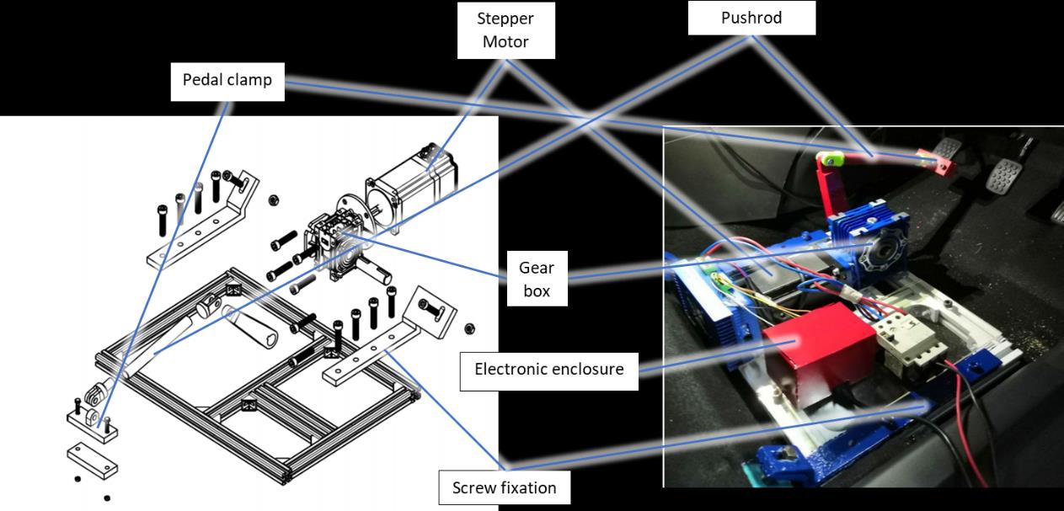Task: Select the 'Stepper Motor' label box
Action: click(506, 30)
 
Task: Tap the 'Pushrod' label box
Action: click(751, 18)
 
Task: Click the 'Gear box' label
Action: click(537, 279)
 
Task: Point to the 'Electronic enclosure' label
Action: click(548, 369)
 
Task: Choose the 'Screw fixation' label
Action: click(505, 487)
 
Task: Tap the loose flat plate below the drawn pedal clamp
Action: click(93, 460)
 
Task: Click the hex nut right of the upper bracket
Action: click(273, 200)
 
